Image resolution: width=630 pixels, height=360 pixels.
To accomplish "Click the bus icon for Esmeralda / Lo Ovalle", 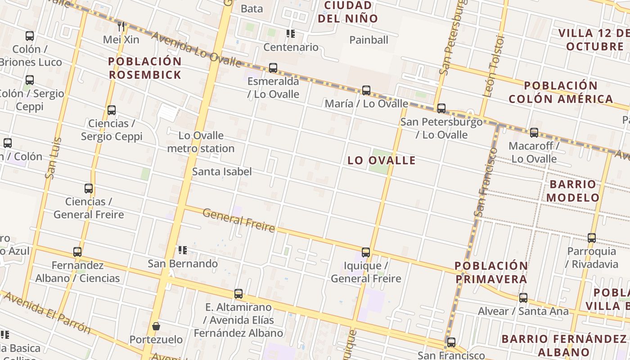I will (x=273, y=68).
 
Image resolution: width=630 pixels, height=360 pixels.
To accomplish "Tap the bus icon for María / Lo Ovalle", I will (x=366, y=90).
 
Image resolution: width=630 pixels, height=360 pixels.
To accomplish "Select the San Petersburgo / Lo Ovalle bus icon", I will (x=441, y=108).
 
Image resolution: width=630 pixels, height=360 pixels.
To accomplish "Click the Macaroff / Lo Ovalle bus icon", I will (x=534, y=133).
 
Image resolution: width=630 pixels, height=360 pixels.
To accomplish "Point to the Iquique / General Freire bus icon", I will (x=366, y=252).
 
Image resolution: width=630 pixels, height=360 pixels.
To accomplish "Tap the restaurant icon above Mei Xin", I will (x=121, y=26).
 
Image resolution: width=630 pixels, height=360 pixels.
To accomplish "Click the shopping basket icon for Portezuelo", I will (x=156, y=326).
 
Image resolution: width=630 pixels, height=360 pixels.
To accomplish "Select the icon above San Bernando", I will (x=182, y=250).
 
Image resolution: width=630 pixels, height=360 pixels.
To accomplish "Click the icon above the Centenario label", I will (x=291, y=34).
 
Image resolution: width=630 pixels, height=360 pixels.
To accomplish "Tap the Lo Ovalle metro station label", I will (x=201, y=142).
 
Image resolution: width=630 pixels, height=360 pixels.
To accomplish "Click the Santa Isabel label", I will (x=222, y=171).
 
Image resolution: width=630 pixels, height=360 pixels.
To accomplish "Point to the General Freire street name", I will (x=238, y=220).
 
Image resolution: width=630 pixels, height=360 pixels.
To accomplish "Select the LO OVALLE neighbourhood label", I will (x=382, y=160).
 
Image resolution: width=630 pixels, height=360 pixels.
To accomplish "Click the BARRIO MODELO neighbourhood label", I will (x=573, y=191).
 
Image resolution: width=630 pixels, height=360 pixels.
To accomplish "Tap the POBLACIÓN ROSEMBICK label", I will (x=145, y=68).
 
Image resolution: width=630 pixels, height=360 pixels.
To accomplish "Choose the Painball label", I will (x=369, y=40).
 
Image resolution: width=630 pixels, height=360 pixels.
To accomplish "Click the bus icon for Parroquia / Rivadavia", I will (x=592, y=238).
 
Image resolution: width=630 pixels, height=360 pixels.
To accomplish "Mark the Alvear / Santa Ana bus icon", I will (x=523, y=298).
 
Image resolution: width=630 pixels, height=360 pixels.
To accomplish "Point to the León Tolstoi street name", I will (x=494, y=67).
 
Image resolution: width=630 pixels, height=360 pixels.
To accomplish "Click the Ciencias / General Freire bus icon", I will (x=89, y=189).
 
